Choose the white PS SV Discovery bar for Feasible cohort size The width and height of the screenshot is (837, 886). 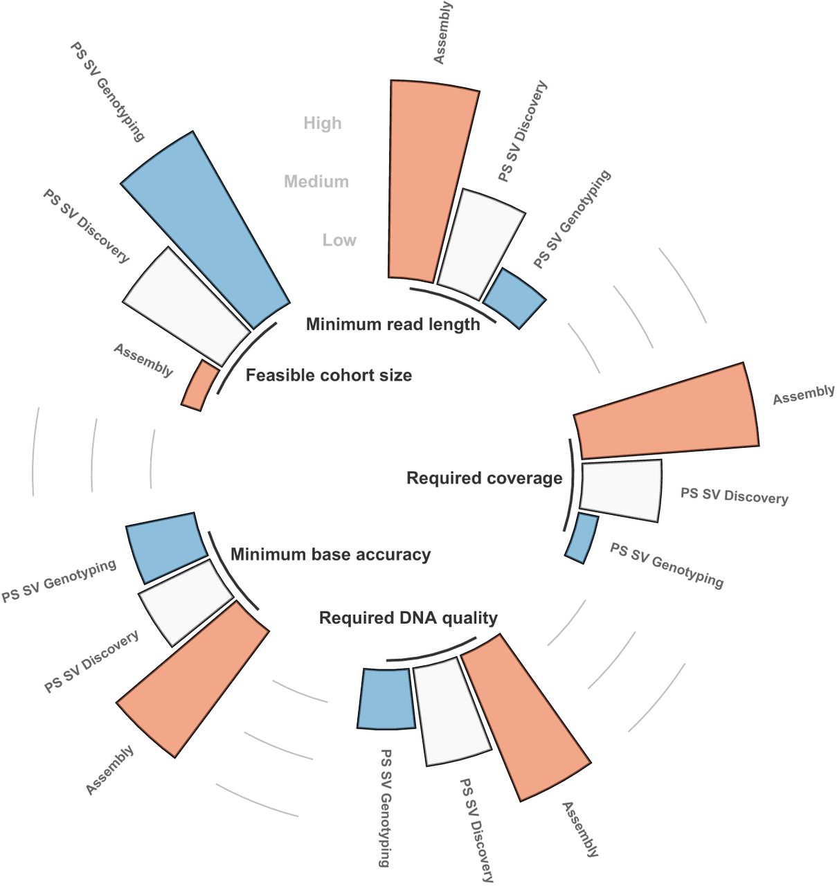click(187, 305)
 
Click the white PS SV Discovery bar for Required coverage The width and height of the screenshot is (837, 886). click(620, 490)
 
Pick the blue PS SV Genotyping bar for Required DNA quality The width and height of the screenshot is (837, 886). click(386, 698)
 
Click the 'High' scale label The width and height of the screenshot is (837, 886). click(323, 123)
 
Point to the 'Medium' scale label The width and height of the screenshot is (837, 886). click(316, 181)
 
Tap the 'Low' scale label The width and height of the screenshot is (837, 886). click(339, 240)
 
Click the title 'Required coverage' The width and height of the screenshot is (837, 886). click(484, 478)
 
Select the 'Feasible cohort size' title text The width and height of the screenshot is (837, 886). click(329, 375)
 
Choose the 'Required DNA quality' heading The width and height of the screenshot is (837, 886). click(408, 617)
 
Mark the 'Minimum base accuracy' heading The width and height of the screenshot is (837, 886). click(330, 554)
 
